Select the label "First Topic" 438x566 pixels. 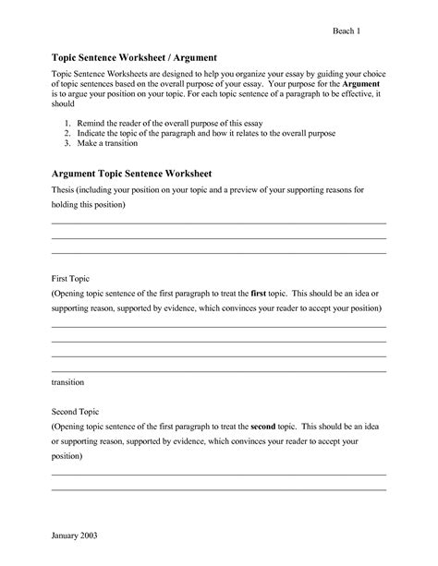(70, 276)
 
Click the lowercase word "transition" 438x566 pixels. (68, 380)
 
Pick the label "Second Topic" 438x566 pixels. (75, 411)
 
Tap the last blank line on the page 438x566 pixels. (218, 489)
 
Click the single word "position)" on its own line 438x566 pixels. (68, 457)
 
